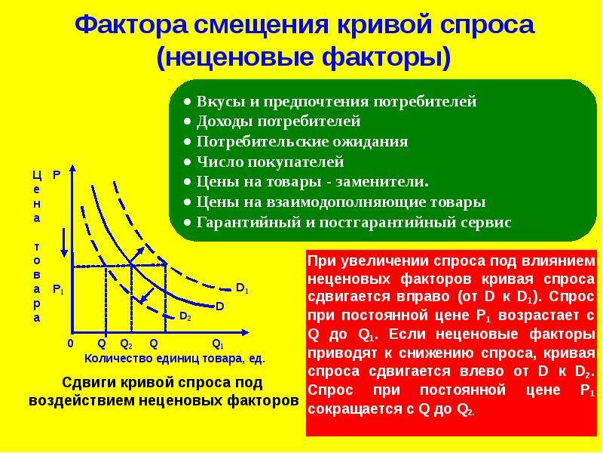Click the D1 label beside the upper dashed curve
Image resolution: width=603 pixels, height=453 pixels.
[242, 288]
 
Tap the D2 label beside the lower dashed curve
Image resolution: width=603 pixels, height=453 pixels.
[185, 316]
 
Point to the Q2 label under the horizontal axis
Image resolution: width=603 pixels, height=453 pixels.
[126, 344]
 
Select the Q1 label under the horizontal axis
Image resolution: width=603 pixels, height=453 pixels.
[218, 344]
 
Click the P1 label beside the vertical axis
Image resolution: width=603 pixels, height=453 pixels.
[58, 289]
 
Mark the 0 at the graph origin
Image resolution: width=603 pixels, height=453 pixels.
[70, 344]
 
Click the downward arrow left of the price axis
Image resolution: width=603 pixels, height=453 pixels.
[65, 242]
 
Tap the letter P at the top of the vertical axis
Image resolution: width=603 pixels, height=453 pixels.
[57, 175]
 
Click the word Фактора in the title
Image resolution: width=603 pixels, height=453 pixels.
[131, 26]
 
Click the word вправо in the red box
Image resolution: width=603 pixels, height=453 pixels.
[427, 297]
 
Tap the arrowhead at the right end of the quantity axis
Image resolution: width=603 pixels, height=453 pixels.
[244, 332]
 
